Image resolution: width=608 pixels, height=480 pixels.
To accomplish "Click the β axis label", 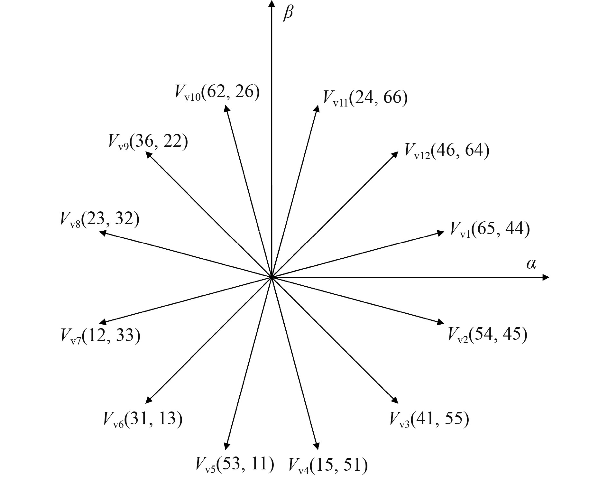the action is coord(288,14).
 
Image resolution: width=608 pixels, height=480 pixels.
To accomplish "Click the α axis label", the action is coord(531,264).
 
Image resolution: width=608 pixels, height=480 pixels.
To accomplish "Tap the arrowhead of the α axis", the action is coord(546,277).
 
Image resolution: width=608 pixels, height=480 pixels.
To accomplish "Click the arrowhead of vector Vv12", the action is coord(395,154).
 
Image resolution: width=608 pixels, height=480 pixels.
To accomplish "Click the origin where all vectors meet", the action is coord(272,277).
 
